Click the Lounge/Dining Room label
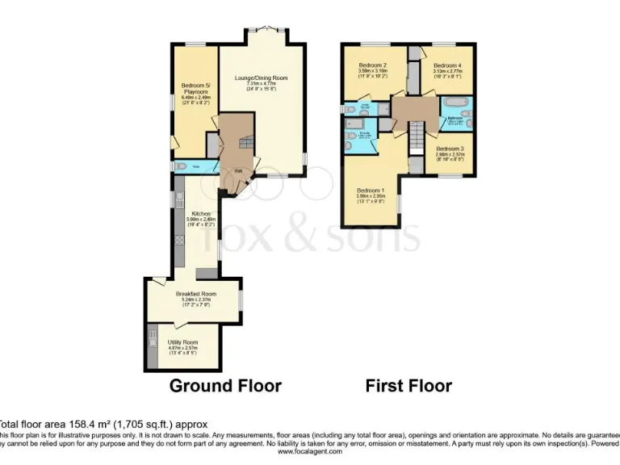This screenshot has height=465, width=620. click(x=261, y=78)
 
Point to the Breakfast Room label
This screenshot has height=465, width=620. click(x=197, y=294)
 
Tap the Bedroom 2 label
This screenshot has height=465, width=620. click(x=372, y=65)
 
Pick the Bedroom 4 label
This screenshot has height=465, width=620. click(x=446, y=65)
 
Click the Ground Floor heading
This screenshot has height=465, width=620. click(x=225, y=386)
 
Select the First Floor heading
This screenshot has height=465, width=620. click(x=408, y=386)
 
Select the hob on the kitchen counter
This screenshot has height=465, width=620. click(x=178, y=240)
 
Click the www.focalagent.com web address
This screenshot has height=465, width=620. click(x=309, y=452)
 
